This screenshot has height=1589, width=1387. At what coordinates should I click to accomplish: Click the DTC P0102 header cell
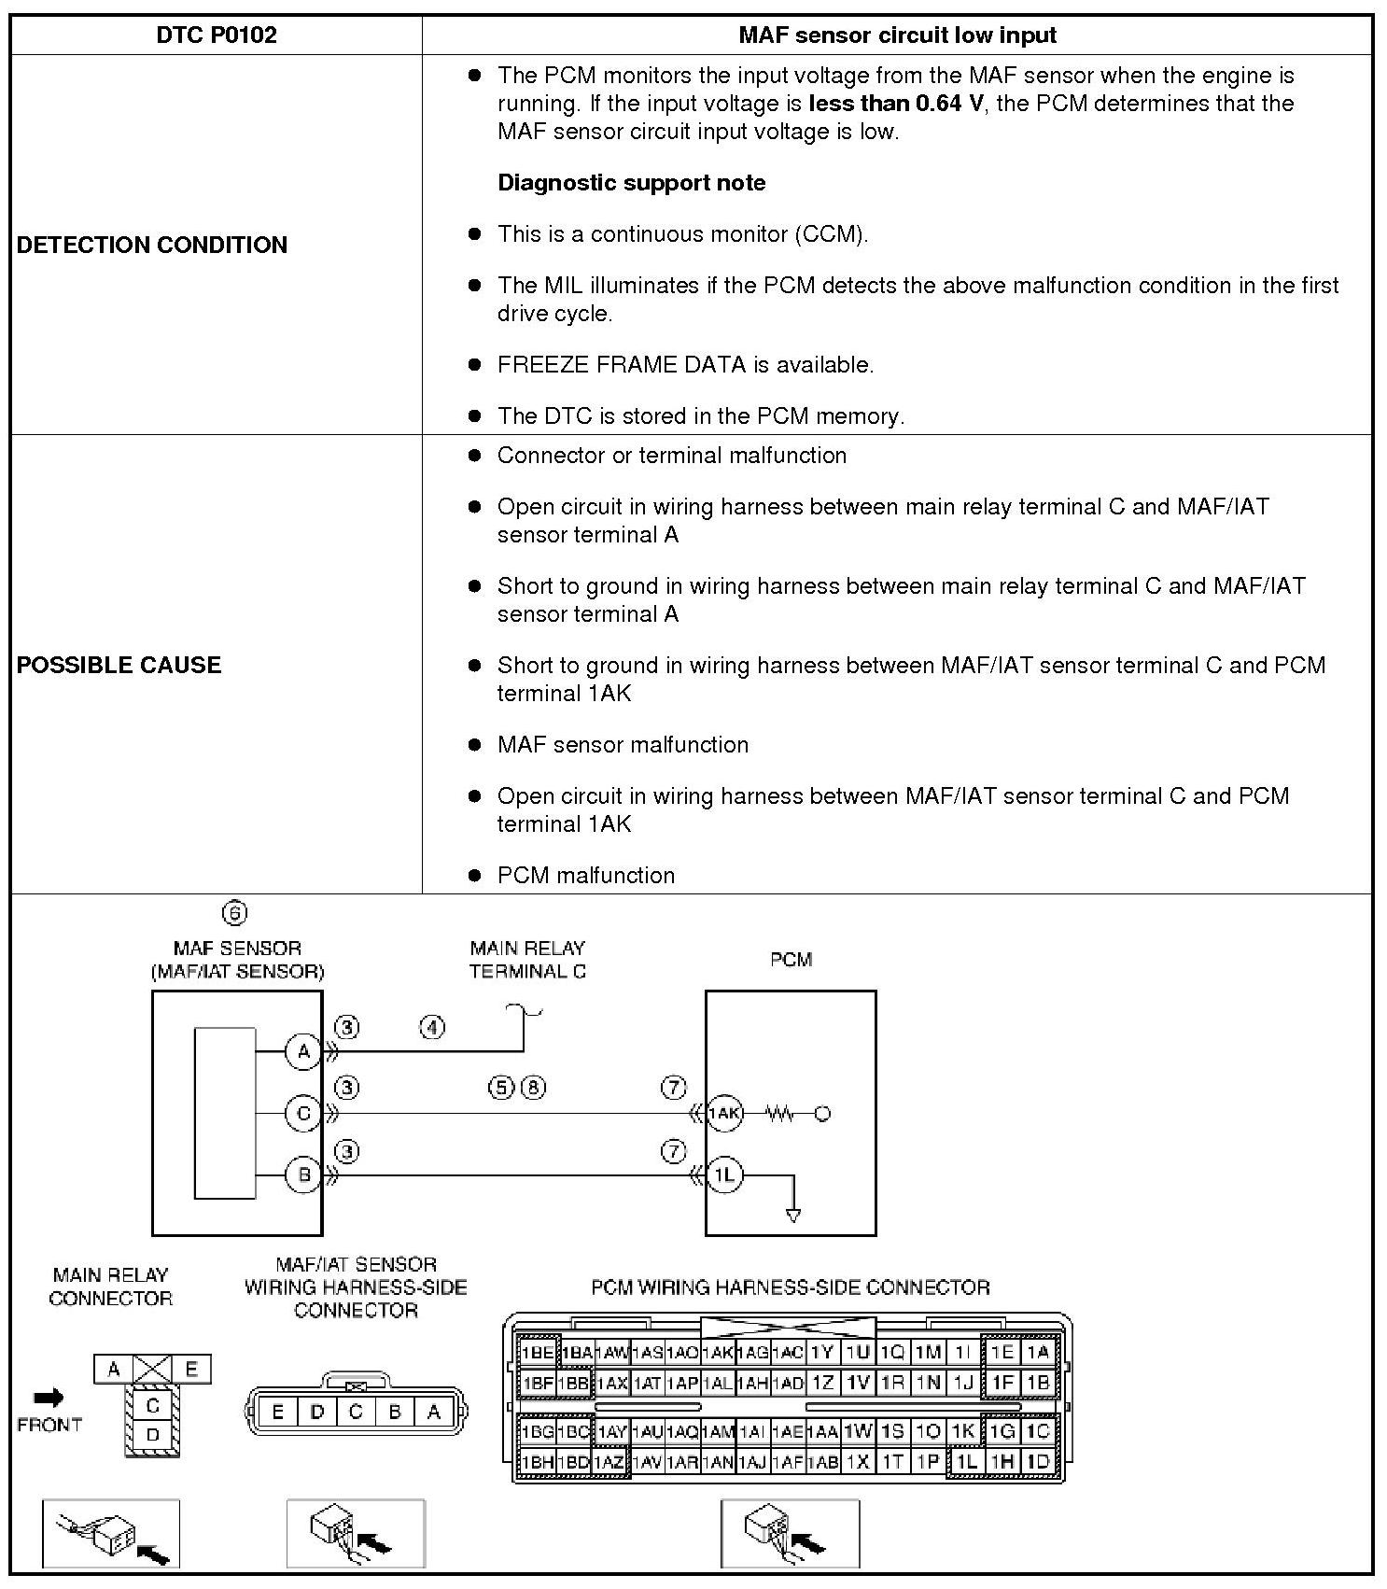pos(216,35)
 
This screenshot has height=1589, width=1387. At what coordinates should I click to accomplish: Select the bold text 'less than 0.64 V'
pos(895,104)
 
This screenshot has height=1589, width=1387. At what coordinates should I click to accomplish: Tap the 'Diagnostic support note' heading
pos(631,183)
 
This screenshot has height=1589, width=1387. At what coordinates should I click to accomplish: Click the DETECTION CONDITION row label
pos(152,245)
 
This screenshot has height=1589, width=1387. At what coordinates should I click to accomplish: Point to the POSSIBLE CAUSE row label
pos(119,665)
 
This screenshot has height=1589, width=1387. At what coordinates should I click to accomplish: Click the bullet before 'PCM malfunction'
pos(475,876)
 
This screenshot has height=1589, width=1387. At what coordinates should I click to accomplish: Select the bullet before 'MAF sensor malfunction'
pos(475,745)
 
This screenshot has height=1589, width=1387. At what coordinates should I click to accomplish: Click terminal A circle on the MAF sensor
pos(302,1052)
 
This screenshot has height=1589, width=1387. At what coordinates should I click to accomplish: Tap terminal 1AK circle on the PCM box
pos(723,1113)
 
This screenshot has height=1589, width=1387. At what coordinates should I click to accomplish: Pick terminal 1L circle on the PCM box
pos(724,1174)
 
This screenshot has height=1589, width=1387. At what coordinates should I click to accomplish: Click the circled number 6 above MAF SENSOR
pos(234,913)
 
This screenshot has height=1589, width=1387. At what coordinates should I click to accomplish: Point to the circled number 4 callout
pos(431,1028)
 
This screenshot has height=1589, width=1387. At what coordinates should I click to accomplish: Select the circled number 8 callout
pos(533,1088)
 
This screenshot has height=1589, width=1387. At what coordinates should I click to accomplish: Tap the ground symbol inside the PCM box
pos(793,1215)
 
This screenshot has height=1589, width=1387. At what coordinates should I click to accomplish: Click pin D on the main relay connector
pos(152,1435)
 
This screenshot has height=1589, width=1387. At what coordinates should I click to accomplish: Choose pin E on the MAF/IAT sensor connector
pos(277,1412)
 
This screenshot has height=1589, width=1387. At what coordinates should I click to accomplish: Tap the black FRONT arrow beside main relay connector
pos(49,1398)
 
